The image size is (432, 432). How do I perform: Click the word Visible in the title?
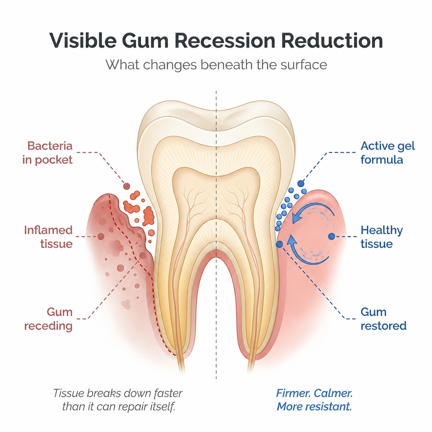83,40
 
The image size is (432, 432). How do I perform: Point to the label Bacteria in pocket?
47,153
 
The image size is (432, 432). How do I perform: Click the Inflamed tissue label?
48,237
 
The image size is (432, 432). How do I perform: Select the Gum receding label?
48,319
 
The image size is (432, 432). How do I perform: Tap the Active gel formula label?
388,153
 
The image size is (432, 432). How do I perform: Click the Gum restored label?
383,319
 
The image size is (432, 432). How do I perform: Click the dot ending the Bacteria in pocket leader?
127,186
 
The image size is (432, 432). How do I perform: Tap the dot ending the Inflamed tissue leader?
101,236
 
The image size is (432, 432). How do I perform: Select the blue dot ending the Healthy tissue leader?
332,236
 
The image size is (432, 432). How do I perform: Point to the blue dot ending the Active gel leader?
301,184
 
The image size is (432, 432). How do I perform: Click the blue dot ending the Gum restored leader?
279,244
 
